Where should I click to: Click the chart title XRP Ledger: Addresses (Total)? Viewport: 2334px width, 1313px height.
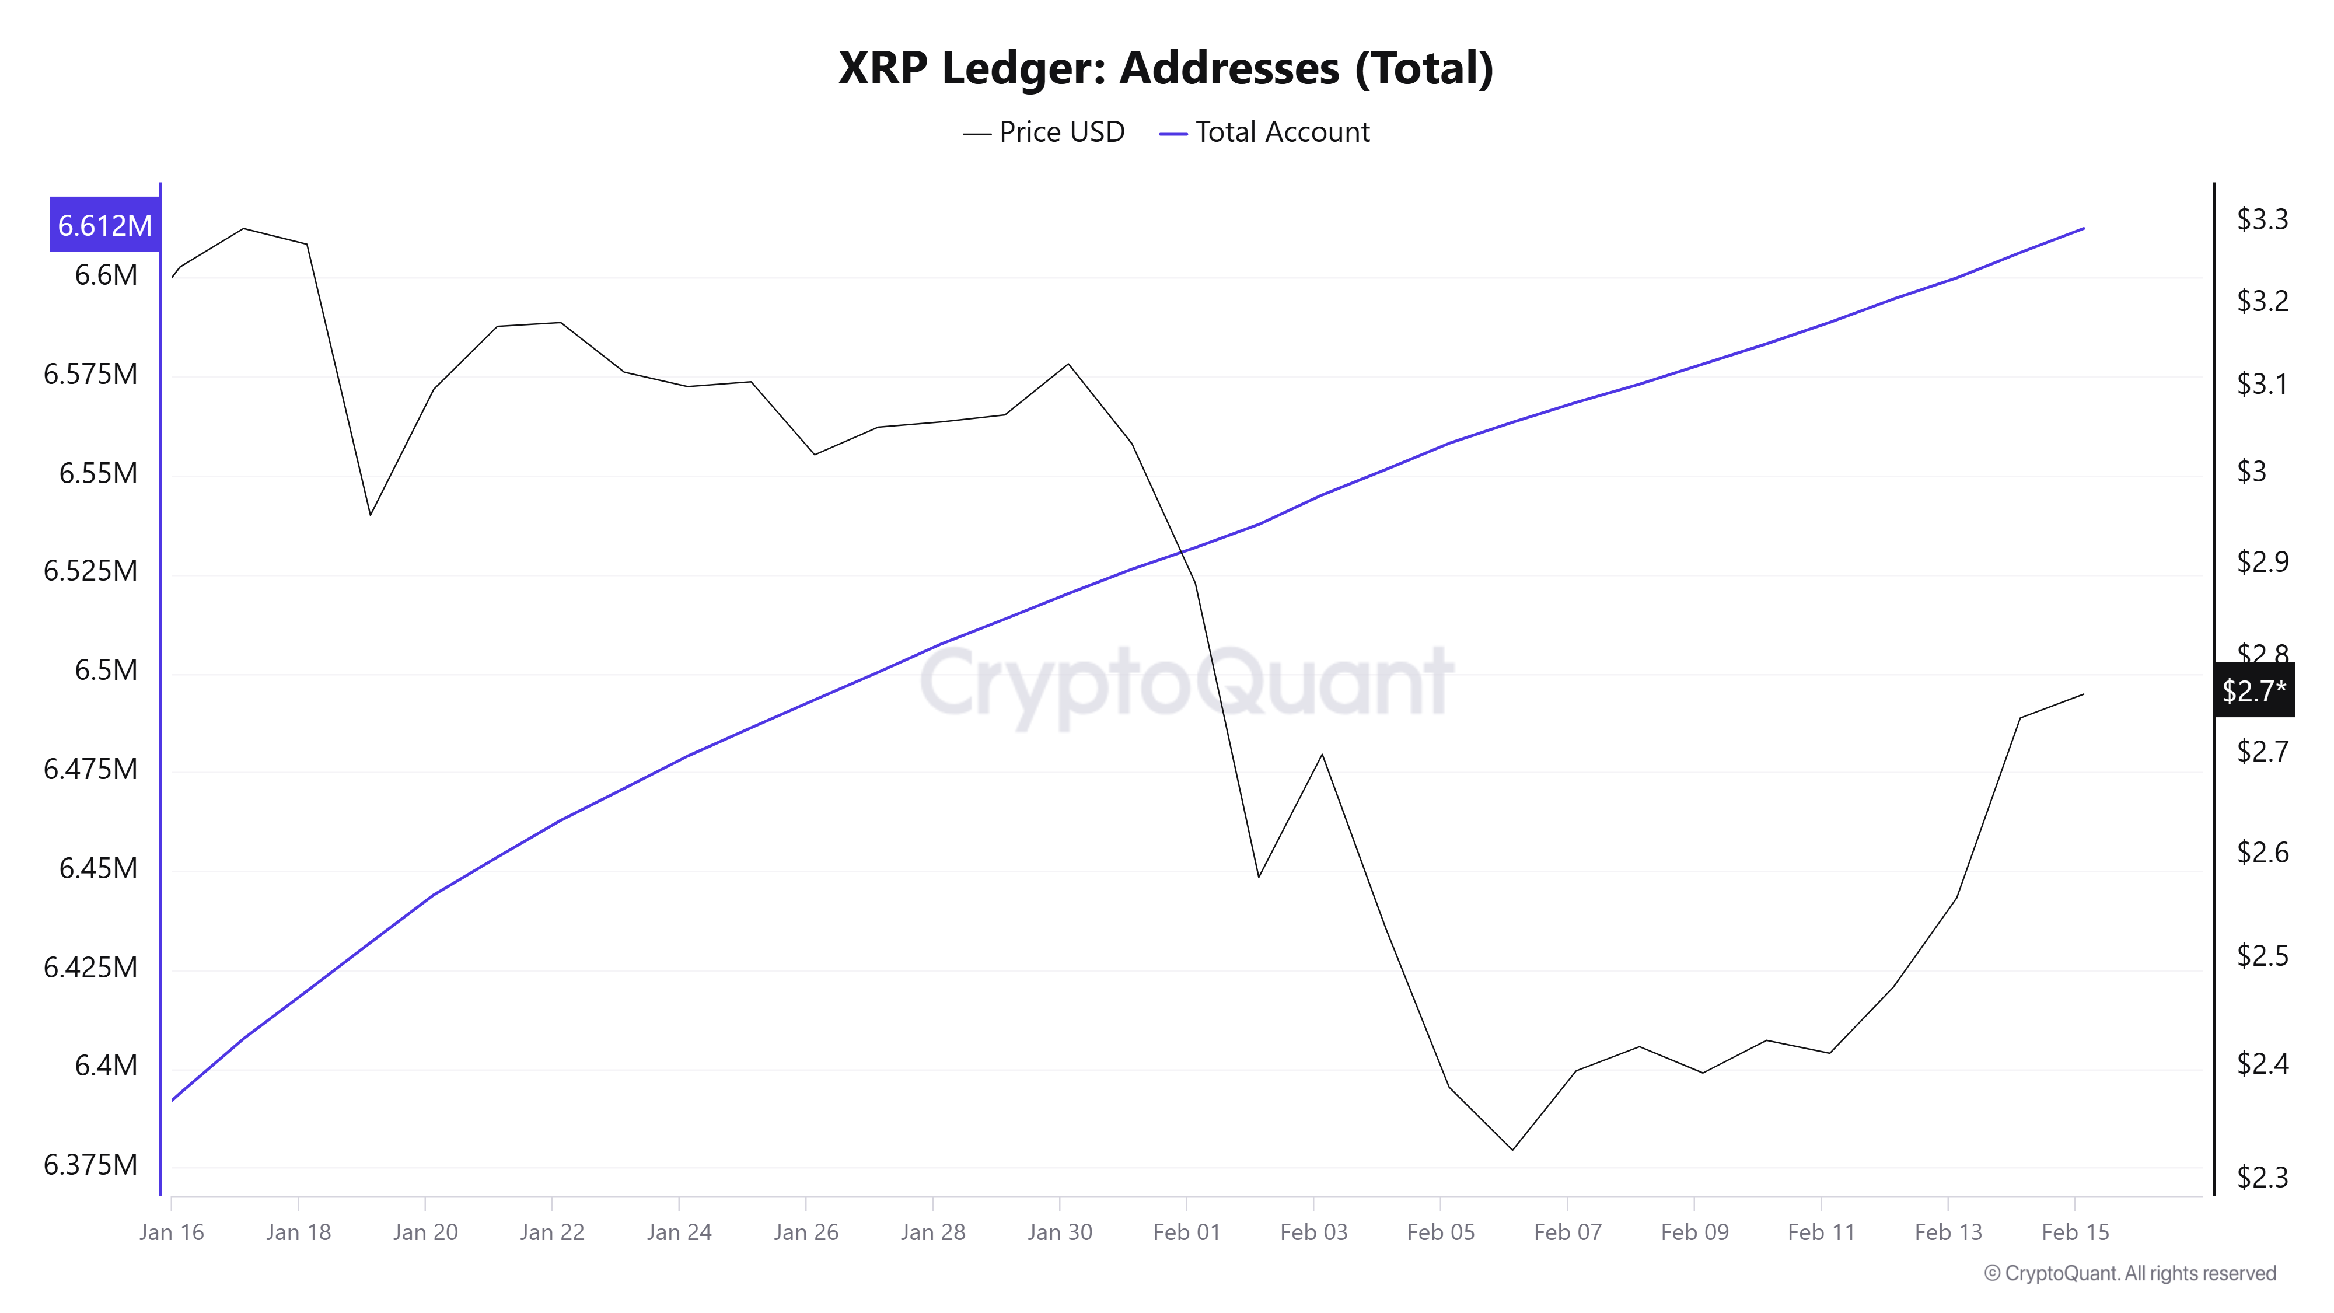[1165, 68]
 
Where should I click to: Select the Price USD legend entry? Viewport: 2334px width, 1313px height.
[1044, 132]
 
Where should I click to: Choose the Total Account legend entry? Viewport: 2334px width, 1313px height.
[1265, 132]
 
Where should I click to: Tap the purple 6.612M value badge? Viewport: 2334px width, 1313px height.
[104, 225]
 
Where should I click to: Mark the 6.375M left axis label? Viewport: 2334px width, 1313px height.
[90, 1164]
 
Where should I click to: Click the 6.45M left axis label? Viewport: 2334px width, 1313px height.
[98, 868]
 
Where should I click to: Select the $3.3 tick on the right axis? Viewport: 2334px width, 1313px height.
[2262, 219]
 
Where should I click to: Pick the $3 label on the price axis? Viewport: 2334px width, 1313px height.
[2252, 471]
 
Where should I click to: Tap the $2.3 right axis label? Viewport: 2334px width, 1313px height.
[2262, 1177]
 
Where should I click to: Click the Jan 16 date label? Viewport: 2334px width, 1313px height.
[171, 1232]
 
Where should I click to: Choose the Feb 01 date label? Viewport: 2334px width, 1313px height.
[1186, 1232]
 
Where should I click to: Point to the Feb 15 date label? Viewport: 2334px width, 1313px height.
[2075, 1232]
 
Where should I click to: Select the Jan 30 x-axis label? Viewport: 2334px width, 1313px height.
[1059, 1232]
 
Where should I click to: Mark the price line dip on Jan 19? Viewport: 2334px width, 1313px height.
[371, 515]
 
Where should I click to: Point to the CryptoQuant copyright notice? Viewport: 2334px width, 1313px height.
[2129, 1273]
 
